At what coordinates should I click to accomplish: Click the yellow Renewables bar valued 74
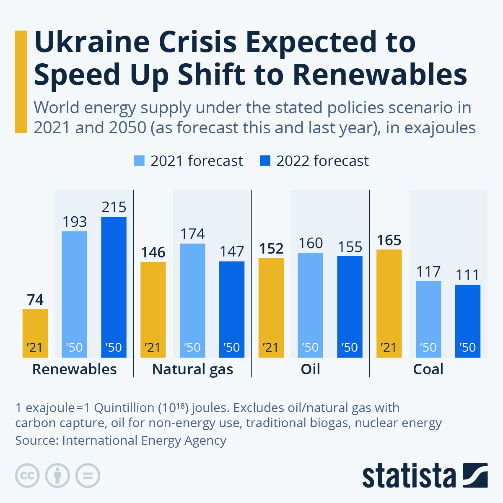pos(35,333)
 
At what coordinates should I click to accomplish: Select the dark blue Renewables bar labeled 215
pos(114,287)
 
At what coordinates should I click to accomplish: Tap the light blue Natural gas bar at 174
pos(192,300)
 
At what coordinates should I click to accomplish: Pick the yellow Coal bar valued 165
pos(389,303)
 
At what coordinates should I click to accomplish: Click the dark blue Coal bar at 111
pos(468,321)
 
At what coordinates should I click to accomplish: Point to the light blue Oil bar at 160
pos(311,305)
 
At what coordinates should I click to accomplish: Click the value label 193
pos(75,222)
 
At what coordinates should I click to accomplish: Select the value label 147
pos(232,251)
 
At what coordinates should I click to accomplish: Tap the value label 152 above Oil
pos(271,249)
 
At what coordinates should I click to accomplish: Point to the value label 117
pos(428,272)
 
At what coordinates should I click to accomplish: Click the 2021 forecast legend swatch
pos(139,161)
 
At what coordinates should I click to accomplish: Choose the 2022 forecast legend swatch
pos(265,161)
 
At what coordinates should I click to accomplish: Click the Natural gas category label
pos(192,369)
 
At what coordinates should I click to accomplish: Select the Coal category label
pos(428,369)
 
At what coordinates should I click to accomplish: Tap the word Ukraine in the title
pos(92,42)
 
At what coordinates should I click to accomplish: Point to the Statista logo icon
pos(475,475)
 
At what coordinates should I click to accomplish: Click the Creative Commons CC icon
pos(27,476)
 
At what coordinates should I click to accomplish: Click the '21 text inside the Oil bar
pos(271,347)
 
